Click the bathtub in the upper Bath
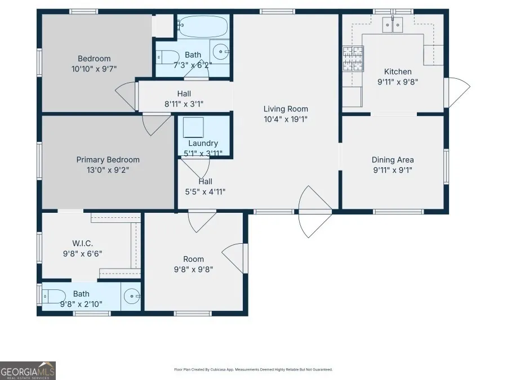tap(203, 26)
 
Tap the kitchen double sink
tap(393, 25)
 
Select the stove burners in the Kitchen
tap(353, 59)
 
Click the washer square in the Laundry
tap(193, 128)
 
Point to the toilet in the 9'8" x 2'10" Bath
tap(54, 296)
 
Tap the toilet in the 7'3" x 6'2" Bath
tap(168, 57)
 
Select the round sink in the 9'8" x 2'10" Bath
tap(132, 296)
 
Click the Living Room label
tap(286, 109)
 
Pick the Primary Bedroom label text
tap(108, 160)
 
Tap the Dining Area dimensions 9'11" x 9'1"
tap(393, 170)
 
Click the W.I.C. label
tap(82, 243)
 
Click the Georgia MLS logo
tap(28, 370)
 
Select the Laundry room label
tap(203, 143)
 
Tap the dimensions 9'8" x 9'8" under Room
tap(193, 269)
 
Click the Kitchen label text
tap(398, 71)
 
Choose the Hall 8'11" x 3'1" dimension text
tap(184, 104)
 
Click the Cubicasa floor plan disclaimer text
tap(253, 369)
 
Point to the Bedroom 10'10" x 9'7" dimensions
tap(94, 69)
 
